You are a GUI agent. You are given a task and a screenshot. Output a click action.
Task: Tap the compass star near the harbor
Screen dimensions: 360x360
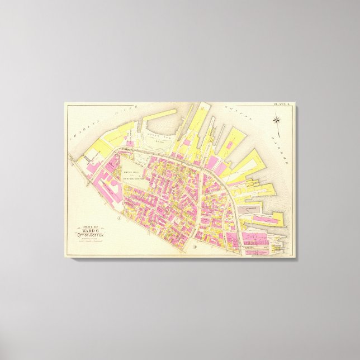278,119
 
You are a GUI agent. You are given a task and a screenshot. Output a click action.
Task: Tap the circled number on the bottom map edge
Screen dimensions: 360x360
194,247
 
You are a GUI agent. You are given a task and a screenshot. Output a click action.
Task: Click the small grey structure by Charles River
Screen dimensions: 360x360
89,159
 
